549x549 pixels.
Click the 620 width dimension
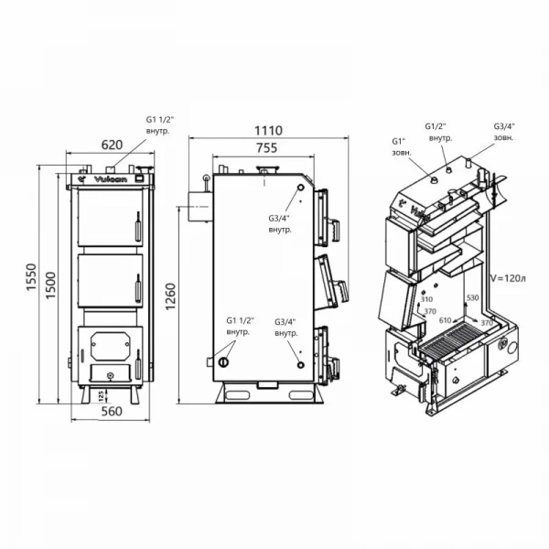tap(111, 144)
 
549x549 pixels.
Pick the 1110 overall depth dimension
tap(268, 131)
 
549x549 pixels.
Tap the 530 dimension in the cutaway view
tap(472, 299)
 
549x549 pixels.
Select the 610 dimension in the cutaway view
tap(446, 321)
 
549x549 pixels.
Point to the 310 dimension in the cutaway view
tap(426, 299)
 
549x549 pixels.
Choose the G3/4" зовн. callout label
tap(504, 132)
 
